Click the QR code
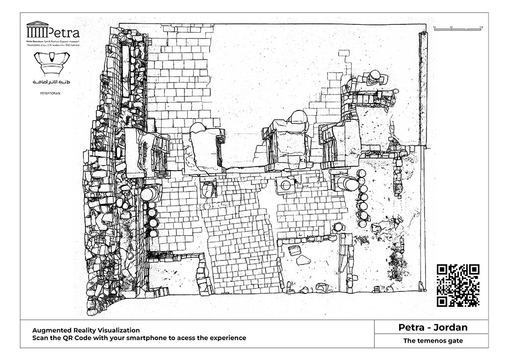click(x=458, y=285)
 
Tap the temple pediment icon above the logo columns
click(x=37, y=23)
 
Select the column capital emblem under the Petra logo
click(x=52, y=63)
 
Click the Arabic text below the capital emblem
click(x=52, y=81)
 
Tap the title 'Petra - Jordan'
click(x=433, y=328)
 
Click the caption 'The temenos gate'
click(x=433, y=341)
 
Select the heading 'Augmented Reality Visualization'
click(x=86, y=330)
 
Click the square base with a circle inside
click(x=285, y=185)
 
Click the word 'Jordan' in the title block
click(x=450, y=328)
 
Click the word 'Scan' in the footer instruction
click(x=42, y=338)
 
